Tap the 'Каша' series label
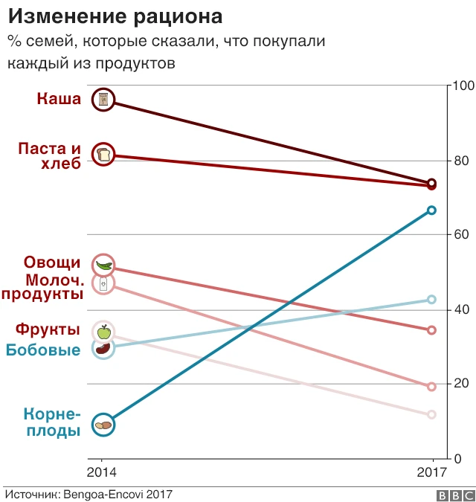coord(59,98)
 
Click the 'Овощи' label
coord(52,262)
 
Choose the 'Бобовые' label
coord(43,350)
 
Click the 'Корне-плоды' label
coord(51,422)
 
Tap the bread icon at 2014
coord(103,154)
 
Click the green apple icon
coord(103,332)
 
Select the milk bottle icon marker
coord(103,283)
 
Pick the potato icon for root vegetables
coord(103,425)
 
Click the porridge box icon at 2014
coord(103,99)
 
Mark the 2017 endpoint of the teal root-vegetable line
coord(431,210)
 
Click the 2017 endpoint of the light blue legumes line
coord(431,300)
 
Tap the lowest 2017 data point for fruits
coord(431,414)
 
